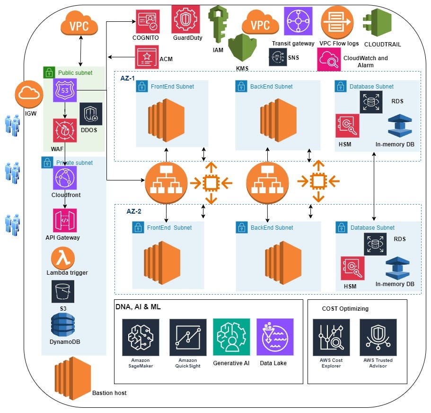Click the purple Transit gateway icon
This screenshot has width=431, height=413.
click(298, 21)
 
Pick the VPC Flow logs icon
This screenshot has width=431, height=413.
click(337, 21)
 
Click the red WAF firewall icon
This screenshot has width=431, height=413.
click(65, 131)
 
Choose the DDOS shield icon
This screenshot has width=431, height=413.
click(91, 114)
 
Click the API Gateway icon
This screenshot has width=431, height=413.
click(65, 220)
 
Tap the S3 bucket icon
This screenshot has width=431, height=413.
click(63, 291)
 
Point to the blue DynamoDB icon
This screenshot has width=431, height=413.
click(63, 325)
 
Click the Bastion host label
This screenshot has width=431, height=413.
click(109, 393)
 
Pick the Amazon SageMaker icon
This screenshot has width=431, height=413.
click(141, 337)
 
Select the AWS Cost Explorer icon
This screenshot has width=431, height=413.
click(331, 337)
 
